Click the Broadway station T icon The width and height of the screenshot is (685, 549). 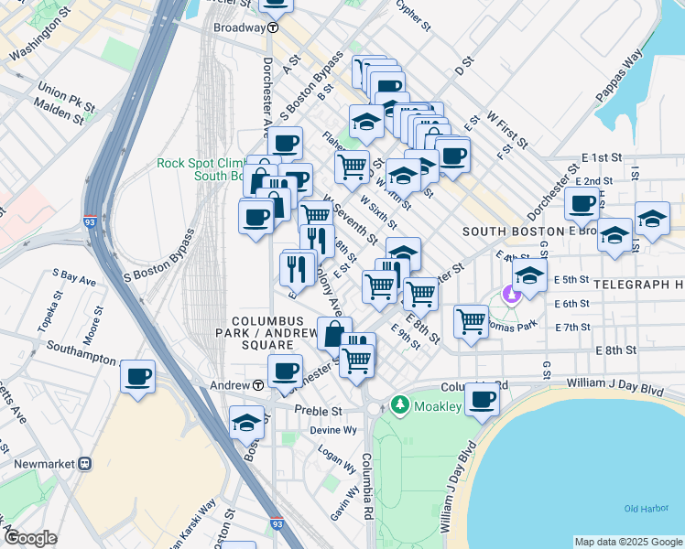(273, 27)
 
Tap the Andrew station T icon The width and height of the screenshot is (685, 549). (259, 385)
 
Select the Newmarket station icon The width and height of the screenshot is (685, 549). (85, 464)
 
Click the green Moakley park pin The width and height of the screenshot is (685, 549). (399, 404)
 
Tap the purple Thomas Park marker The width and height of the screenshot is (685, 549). (511, 296)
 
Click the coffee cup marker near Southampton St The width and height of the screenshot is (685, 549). (137, 376)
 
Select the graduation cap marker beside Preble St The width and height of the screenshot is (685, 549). (246, 421)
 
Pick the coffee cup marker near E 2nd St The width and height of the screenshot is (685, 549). (582, 203)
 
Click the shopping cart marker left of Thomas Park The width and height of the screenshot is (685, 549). (471, 320)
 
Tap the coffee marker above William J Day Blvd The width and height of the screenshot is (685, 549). (482, 398)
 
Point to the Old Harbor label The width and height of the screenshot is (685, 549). (642, 509)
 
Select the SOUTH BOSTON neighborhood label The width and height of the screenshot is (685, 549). (509, 231)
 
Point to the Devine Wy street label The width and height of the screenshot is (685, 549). (332, 429)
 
